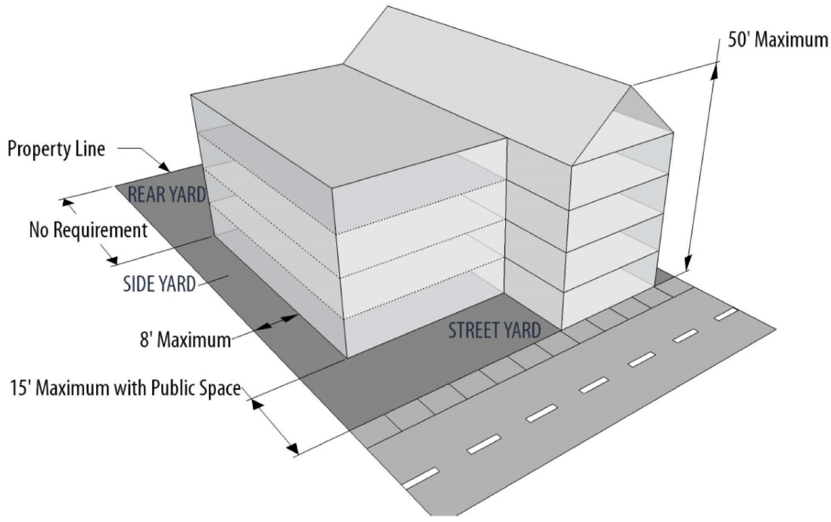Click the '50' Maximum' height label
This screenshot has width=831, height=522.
778,40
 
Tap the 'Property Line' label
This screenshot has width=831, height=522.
56,149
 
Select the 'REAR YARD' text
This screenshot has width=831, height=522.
167,194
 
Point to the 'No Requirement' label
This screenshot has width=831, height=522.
88,230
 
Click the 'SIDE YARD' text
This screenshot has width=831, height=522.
159,284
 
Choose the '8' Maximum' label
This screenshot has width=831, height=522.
185,339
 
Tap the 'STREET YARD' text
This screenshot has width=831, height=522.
494,330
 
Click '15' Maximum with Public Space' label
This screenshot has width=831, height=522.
125,387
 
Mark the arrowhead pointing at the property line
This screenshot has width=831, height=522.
164,166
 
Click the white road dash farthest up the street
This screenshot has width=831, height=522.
725,315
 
